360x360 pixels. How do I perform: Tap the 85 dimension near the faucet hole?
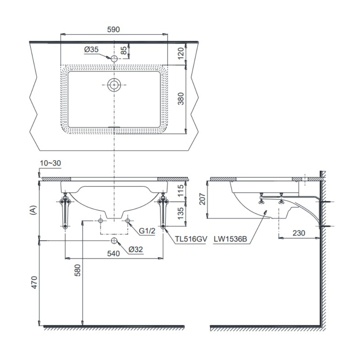[x=124, y=50]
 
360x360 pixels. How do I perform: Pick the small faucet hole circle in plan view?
[x=114, y=58]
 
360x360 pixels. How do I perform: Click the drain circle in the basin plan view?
[x=114, y=85]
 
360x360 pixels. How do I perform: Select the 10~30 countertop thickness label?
[x=50, y=163]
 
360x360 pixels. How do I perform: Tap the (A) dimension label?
[x=33, y=210]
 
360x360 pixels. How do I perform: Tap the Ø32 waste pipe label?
[x=136, y=249]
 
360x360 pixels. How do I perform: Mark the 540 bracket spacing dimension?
[x=113, y=253]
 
